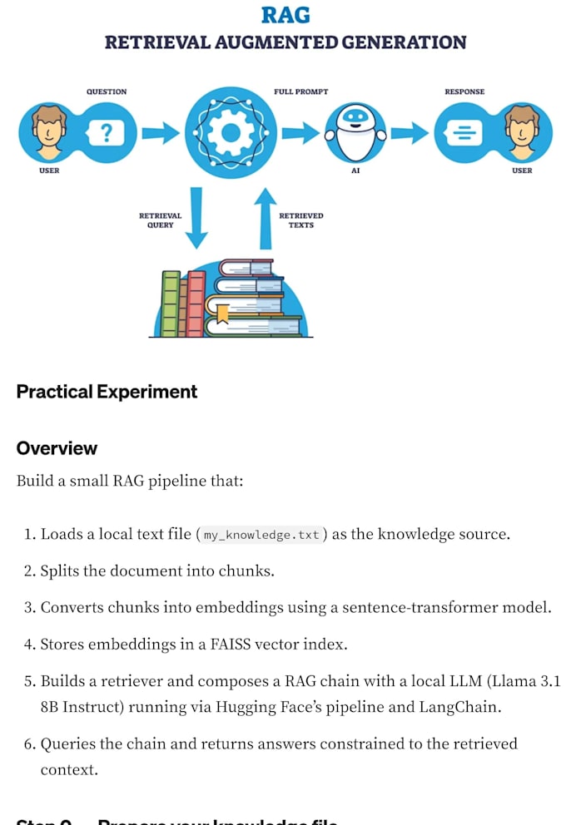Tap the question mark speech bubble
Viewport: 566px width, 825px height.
[106, 132]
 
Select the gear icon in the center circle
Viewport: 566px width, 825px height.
[230, 132]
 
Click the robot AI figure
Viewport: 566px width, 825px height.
[355, 133]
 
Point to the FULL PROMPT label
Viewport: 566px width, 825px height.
[300, 91]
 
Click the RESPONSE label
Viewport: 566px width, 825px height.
[464, 91]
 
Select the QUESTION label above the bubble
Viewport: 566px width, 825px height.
[107, 91]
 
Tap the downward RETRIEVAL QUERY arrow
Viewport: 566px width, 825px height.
[196, 218]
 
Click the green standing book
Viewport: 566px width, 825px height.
[171, 303]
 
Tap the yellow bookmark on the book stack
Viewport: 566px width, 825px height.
[222, 314]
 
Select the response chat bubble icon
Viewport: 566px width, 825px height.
[464, 132]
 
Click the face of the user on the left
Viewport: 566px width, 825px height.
[47, 130]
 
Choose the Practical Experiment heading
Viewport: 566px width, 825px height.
[107, 392]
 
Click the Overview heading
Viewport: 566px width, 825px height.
[57, 448]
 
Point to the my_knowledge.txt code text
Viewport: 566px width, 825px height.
[261, 535]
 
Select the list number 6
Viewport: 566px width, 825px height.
[28, 743]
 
